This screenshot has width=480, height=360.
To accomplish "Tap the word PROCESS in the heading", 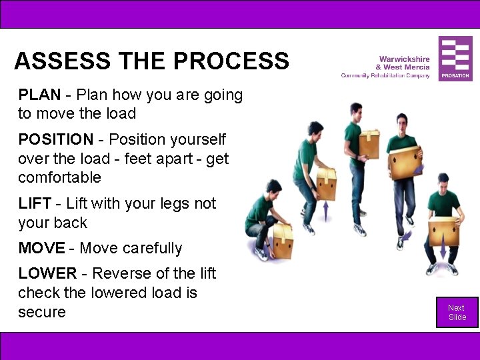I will pos(231,61).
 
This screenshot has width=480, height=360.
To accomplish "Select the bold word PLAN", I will pos(39,95).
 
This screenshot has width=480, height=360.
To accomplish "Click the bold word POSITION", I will pos(56,140).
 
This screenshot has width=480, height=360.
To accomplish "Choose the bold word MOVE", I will pos(41,249).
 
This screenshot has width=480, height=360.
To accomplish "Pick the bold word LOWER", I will pos(47,274).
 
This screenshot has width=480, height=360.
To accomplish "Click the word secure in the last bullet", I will pos(42,312).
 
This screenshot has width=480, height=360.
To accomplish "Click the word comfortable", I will pos(59,178).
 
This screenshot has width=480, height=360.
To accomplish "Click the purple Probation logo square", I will pos(455,59).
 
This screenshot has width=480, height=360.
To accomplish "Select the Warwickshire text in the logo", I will pos(404,59).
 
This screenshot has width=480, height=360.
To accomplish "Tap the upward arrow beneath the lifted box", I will pos(326,212).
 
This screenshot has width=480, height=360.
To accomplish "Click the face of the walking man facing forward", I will pos(401,122).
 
